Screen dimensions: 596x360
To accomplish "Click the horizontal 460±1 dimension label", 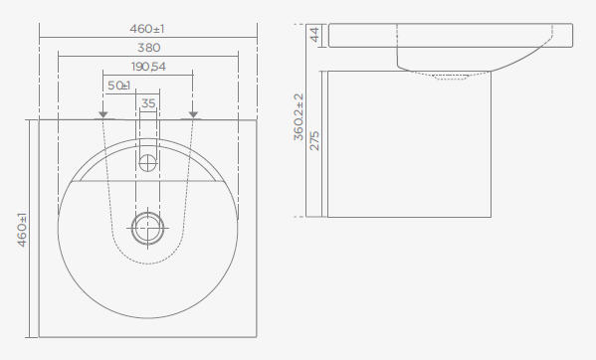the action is click(x=147, y=29).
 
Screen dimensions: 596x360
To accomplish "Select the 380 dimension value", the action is click(x=148, y=48).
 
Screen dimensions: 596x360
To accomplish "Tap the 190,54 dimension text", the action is click(x=148, y=67).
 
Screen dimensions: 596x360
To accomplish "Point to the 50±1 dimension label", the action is click(x=119, y=86).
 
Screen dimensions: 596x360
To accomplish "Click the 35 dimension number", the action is click(x=148, y=103).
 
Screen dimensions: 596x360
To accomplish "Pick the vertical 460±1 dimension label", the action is click(x=23, y=230).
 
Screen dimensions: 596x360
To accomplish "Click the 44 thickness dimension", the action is click(x=314, y=35).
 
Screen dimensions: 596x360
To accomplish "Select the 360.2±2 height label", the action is click(x=298, y=117).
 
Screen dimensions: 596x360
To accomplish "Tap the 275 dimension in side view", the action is click(x=314, y=141).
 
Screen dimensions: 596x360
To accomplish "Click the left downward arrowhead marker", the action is click(x=103, y=114).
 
